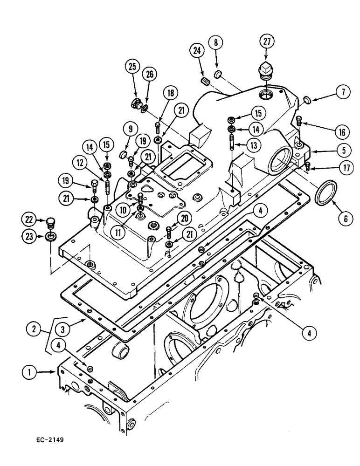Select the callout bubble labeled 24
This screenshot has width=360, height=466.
coord(196,50)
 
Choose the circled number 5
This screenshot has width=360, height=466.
coord(342,151)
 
